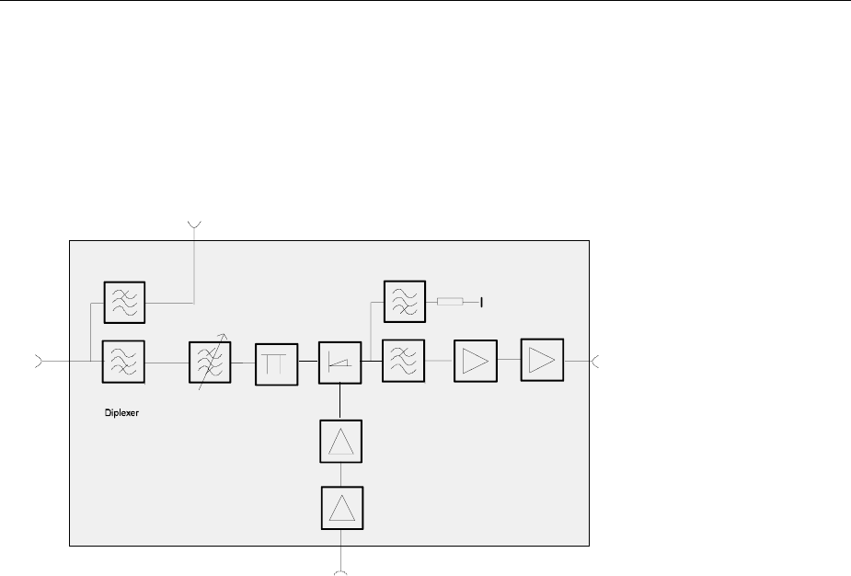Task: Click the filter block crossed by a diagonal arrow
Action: click(209, 363)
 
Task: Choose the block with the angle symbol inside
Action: click(340, 363)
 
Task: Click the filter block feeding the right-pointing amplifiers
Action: click(404, 361)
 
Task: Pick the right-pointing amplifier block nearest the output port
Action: click(543, 359)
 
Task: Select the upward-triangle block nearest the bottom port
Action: click(341, 508)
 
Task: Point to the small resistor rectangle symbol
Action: click(450, 301)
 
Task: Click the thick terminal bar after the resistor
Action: click(481, 301)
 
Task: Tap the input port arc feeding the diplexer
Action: click(39, 361)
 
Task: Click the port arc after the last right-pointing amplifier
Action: click(595, 360)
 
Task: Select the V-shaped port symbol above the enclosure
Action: click(194, 224)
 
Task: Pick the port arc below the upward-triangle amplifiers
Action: click(341, 572)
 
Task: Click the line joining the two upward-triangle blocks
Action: click(341, 476)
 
